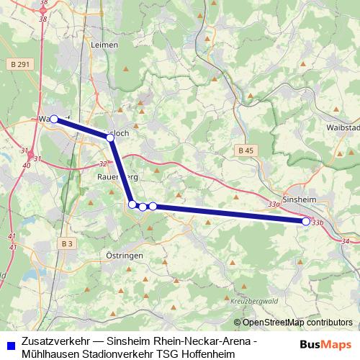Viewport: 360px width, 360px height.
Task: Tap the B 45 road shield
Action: coord(245,150)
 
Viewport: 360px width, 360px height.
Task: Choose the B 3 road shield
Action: coord(67,244)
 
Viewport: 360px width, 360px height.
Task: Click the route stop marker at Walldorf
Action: coord(54,119)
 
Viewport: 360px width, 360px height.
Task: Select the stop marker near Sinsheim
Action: coord(306,222)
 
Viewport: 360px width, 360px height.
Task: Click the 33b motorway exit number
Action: coord(318,222)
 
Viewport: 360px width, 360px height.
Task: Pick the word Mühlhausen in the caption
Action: coord(51,352)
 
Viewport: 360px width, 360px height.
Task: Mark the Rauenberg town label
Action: coord(117,175)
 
